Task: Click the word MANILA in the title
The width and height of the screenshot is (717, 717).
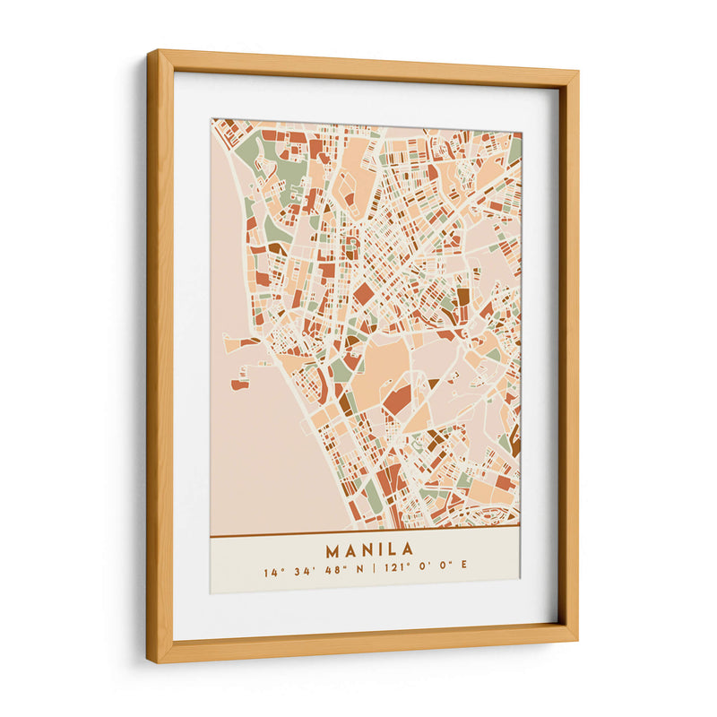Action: pyautogui.click(x=369, y=549)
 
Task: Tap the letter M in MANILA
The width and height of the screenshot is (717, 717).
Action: pyautogui.click(x=333, y=549)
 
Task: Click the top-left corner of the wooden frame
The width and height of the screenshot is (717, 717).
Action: pyautogui.click(x=151, y=54)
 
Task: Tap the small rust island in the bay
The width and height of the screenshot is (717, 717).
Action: pyautogui.click(x=239, y=384)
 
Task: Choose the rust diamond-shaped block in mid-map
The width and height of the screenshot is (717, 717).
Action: pyautogui.click(x=363, y=293)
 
